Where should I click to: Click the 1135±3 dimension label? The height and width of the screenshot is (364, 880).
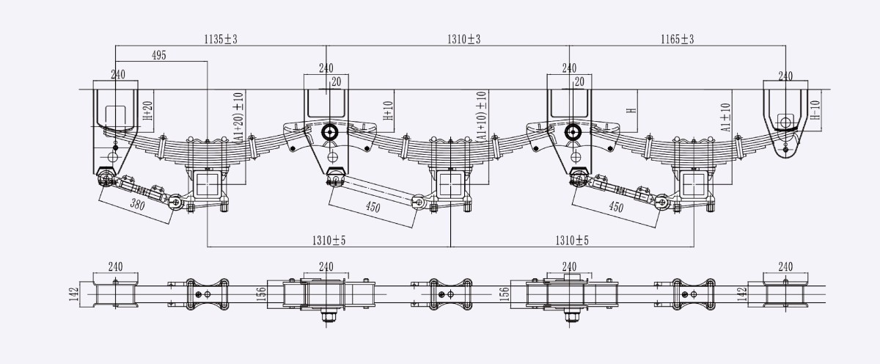tap(221, 40)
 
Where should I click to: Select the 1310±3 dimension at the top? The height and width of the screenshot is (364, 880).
tap(464, 40)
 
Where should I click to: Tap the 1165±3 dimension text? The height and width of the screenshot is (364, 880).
tap(678, 40)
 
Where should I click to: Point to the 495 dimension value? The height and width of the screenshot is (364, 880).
tap(159, 56)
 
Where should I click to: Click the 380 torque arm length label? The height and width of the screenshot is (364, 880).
tap(137, 205)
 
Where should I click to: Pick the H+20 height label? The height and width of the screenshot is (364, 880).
tap(147, 111)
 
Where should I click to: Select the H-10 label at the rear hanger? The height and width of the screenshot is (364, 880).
tap(815, 109)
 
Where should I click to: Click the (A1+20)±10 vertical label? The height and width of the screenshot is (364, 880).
tap(238, 118)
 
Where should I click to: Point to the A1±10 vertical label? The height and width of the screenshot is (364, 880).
tap(725, 117)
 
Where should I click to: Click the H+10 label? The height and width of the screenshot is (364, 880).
tap(388, 111)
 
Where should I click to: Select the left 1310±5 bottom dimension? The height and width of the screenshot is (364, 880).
tap(329, 240)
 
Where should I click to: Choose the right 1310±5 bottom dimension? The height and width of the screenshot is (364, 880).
tap(572, 240)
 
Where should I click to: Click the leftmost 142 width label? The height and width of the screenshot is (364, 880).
tap(74, 294)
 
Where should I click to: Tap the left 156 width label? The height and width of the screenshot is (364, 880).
tap(261, 294)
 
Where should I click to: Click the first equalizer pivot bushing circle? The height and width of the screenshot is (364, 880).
tap(329, 133)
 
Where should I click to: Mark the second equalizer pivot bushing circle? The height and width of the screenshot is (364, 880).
tap(573, 133)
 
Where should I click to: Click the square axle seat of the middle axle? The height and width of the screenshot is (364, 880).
tap(450, 184)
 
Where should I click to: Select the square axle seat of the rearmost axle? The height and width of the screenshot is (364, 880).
tap(694, 184)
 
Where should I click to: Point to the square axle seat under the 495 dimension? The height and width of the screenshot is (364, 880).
tap(208, 184)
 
